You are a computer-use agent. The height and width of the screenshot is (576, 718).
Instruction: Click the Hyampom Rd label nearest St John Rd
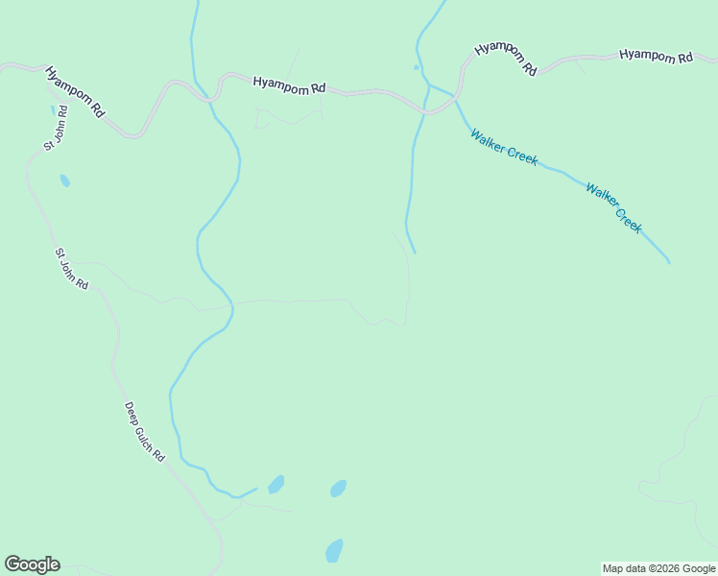pyautogui.click(x=75, y=91)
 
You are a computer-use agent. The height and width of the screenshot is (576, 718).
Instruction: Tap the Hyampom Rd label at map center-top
pyautogui.click(x=289, y=84)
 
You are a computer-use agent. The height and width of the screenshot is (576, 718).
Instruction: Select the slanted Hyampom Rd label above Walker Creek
pyautogui.click(x=505, y=59)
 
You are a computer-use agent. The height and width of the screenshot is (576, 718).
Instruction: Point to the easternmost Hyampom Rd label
pyautogui.click(x=656, y=56)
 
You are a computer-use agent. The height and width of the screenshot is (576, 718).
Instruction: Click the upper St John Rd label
pyautogui.click(x=53, y=132)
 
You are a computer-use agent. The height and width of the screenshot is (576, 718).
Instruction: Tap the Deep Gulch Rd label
pyautogui.click(x=145, y=432)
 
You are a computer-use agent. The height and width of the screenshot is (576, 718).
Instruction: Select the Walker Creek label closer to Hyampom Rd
pyautogui.click(x=504, y=147)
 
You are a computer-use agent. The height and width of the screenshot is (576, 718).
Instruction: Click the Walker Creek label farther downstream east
pyautogui.click(x=613, y=207)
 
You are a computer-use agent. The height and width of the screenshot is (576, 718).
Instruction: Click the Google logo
pyautogui.click(x=32, y=564)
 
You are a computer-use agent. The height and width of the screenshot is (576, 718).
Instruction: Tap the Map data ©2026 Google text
pyautogui.click(x=658, y=568)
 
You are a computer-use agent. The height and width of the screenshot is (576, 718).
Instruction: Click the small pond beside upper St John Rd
pyautogui.click(x=64, y=180)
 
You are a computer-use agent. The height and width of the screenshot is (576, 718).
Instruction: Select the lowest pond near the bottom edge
pyautogui.click(x=334, y=551)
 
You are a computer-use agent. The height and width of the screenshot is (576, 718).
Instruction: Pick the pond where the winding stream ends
pyautogui.click(x=275, y=485)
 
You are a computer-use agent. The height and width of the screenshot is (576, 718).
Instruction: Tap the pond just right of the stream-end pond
pyautogui.click(x=338, y=489)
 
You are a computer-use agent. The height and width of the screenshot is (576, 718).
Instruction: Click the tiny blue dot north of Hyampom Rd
pyautogui.click(x=416, y=67)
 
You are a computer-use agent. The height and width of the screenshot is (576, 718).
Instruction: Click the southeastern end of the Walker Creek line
pyautogui.click(x=668, y=261)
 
